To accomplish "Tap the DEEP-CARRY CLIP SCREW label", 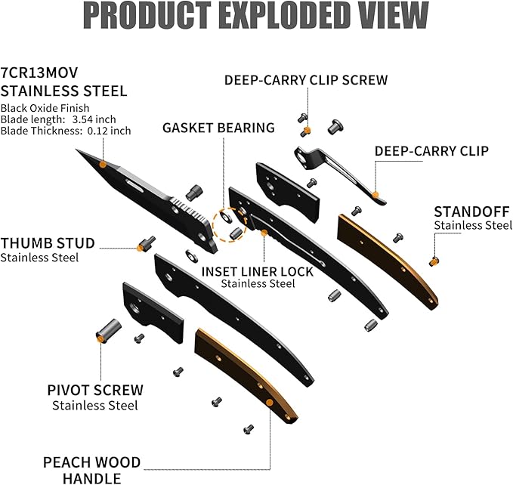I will tap(305, 79).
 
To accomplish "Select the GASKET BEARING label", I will tap(218, 128).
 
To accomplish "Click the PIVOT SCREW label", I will tap(95, 391).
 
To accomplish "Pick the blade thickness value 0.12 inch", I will tap(110, 131).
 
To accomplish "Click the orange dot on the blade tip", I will tap(102, 163).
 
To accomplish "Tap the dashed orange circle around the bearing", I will tap(227, 224).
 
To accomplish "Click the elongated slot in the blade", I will tap(136, 183).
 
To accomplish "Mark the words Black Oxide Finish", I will tap(45, 108).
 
